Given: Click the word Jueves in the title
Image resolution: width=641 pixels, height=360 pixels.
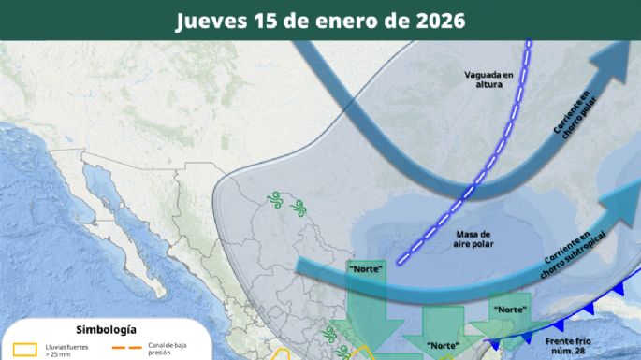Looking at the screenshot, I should click(x=208, y=21).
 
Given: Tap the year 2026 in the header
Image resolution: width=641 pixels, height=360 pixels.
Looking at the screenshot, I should click(x=433, y=21).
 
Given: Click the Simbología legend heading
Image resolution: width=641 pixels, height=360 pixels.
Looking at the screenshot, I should click(x=106, y=330).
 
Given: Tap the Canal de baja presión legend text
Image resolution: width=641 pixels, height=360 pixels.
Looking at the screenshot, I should click(x=168, y=350).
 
